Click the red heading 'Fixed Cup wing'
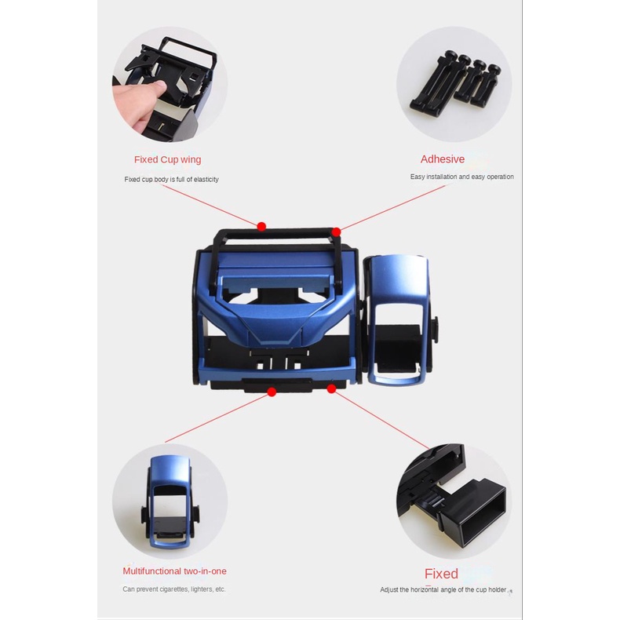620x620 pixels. [167, 159]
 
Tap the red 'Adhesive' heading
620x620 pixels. [443, 159]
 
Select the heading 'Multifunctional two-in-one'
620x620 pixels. [174, 571]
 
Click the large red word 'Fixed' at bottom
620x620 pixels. [441, 574]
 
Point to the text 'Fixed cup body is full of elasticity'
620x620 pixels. [171, 179]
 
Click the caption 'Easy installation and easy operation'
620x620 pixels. [461, 177]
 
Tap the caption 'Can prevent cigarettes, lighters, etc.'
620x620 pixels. [174, 589]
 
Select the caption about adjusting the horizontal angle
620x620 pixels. [443, 589]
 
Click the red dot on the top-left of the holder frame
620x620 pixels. [261, 226]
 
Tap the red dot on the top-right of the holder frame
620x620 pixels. [336, 232]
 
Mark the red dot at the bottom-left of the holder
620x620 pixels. [272, 391]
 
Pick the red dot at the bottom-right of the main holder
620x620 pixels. [331, 388]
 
